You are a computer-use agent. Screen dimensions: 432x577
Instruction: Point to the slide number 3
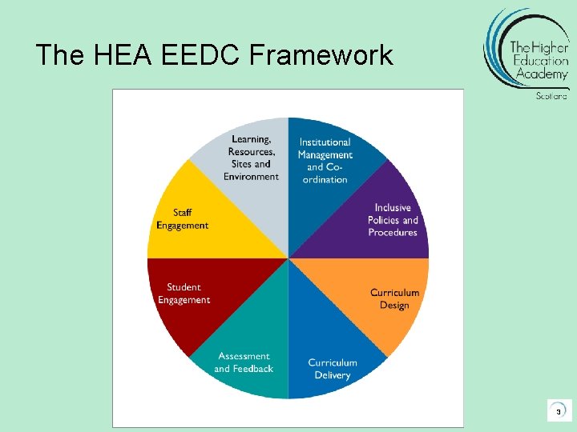(558, 411)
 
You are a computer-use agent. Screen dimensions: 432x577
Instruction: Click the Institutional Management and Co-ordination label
(325, 161)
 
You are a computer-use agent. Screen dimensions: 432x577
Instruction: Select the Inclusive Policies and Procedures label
(393, 220)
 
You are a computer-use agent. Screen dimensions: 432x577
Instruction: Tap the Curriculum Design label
(394, 298)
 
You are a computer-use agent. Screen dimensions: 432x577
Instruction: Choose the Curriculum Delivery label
(333, 369)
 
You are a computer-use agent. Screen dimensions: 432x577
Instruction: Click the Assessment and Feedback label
(244, 362)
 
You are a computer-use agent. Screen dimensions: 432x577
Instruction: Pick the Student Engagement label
(184, 294)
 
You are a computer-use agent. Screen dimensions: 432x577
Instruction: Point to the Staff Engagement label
(182, 219)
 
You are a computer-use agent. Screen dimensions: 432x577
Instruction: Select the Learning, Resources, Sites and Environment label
(252, 158)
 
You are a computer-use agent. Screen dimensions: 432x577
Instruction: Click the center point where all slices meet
(288, 258)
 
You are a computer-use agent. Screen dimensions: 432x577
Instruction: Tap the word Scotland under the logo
(551, 96)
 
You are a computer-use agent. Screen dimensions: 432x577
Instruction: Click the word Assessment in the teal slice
(244, 356)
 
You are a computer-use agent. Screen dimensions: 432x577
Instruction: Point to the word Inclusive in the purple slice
(393, 208)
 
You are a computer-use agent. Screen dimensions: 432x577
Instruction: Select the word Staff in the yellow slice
(183, 213)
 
